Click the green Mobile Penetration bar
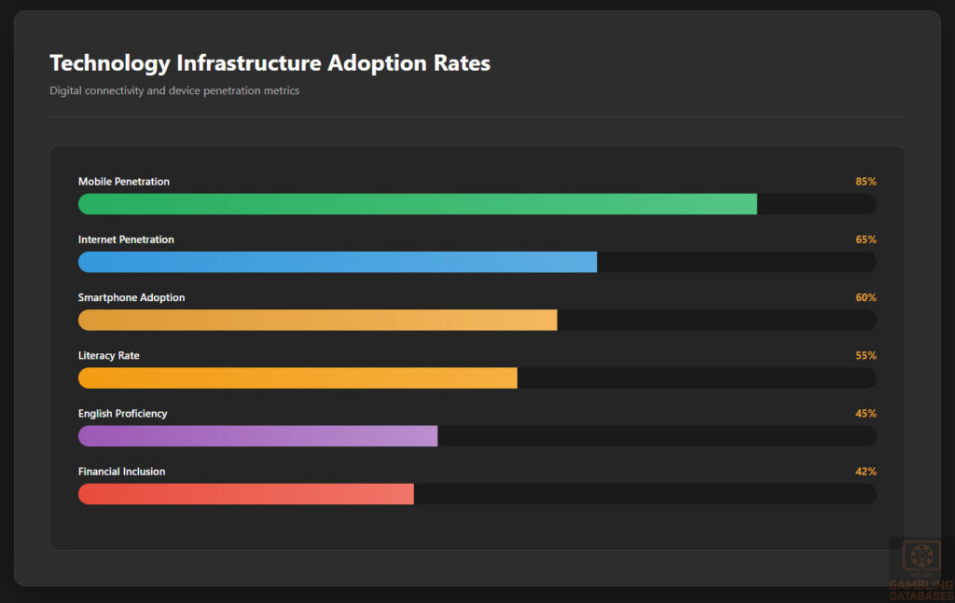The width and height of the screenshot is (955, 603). [417, 204]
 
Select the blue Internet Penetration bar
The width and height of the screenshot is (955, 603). [337, 262]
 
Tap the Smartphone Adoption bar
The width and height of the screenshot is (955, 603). [317, 320]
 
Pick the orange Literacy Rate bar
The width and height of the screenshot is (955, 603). [298, 377]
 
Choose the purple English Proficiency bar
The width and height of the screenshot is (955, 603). [257, 435]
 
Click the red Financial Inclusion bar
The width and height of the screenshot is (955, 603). [245, 493]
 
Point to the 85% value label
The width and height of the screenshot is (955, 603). [865, 182]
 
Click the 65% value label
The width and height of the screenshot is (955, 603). [865, 240]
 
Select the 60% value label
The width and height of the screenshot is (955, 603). [865, 297]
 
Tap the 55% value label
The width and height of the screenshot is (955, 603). [865, 355]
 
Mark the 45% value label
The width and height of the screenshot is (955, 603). [865, 413]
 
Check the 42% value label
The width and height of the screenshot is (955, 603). [865, 471]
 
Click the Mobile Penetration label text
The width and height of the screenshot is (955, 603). [124, 182]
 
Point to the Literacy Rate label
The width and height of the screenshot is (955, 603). [109, 355]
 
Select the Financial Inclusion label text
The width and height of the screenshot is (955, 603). [121, 471]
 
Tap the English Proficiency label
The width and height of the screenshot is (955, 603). [123, 413]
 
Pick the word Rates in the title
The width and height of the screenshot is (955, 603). [462, 63]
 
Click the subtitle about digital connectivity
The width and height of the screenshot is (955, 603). [174, 90]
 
